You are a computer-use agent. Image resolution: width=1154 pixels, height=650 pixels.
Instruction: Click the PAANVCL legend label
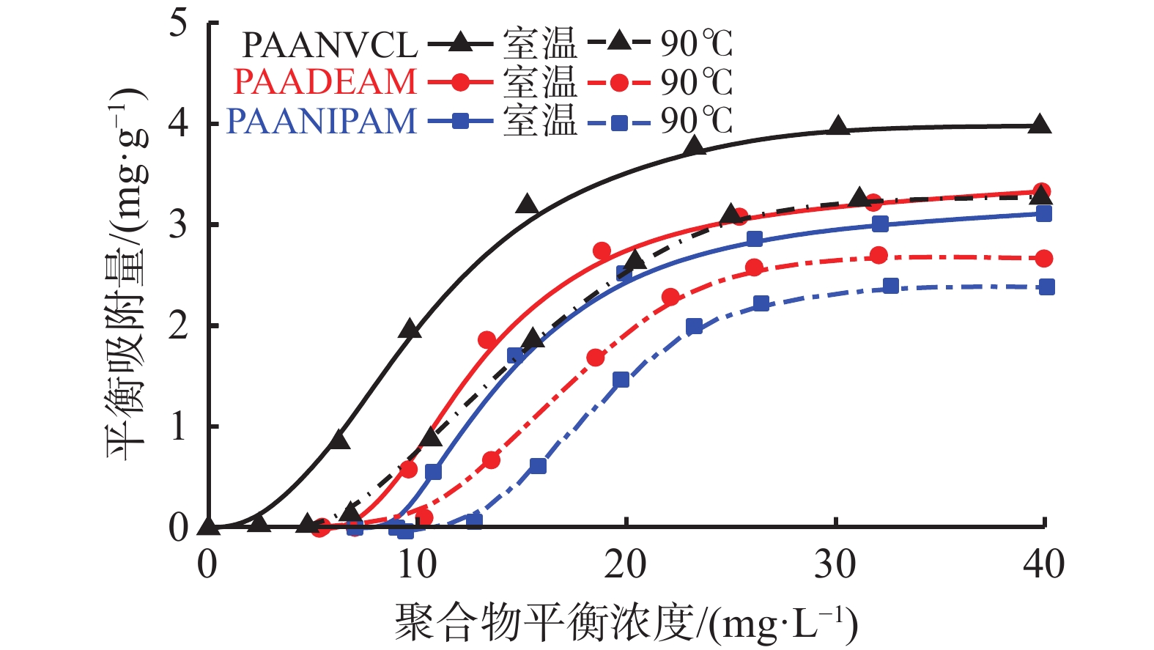[x=329, y=45]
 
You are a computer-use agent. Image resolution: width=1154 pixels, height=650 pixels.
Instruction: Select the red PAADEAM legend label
[x=325, y=82]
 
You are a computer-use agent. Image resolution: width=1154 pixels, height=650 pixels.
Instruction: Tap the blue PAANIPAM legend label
[x=321, y=121]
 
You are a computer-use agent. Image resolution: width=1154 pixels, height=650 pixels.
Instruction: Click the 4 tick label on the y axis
[x=178, y=123]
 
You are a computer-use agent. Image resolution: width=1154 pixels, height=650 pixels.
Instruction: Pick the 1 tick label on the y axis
[x=178, y=426]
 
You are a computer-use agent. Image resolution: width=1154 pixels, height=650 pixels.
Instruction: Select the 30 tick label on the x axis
[x=835, y=565]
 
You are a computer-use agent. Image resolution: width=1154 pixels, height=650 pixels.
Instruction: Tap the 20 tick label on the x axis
[x=626, y=565]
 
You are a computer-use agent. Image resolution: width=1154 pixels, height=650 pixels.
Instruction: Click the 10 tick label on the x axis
[x=416, y=565]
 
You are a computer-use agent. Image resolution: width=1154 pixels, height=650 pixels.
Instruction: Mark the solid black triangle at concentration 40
[x=1038, y=125]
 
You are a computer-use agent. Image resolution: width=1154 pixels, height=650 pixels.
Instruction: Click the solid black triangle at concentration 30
[x=839, y=127]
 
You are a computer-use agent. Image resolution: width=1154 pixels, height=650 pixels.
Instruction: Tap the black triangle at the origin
[x=208, y=526]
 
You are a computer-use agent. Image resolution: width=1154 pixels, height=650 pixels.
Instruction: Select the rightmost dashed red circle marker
[x=1045, y=259]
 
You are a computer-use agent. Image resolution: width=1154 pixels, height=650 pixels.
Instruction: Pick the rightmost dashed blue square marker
[x=1047, y=287]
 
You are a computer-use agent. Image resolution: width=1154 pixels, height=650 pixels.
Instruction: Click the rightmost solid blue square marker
[x=1044, y=214]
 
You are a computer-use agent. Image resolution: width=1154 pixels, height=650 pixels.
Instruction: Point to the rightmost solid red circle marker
[x=1041, y=192]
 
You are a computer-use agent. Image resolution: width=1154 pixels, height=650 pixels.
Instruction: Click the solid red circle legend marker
[x=461, y=83]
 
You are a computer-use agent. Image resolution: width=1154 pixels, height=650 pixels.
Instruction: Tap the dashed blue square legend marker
[x=619, y=122]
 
